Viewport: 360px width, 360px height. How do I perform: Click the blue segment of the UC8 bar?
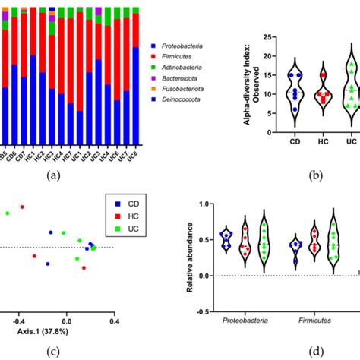click(134, 95)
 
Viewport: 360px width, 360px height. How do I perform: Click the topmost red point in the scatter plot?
click(22, 206)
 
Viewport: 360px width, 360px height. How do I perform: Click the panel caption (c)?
click(52, 350)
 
